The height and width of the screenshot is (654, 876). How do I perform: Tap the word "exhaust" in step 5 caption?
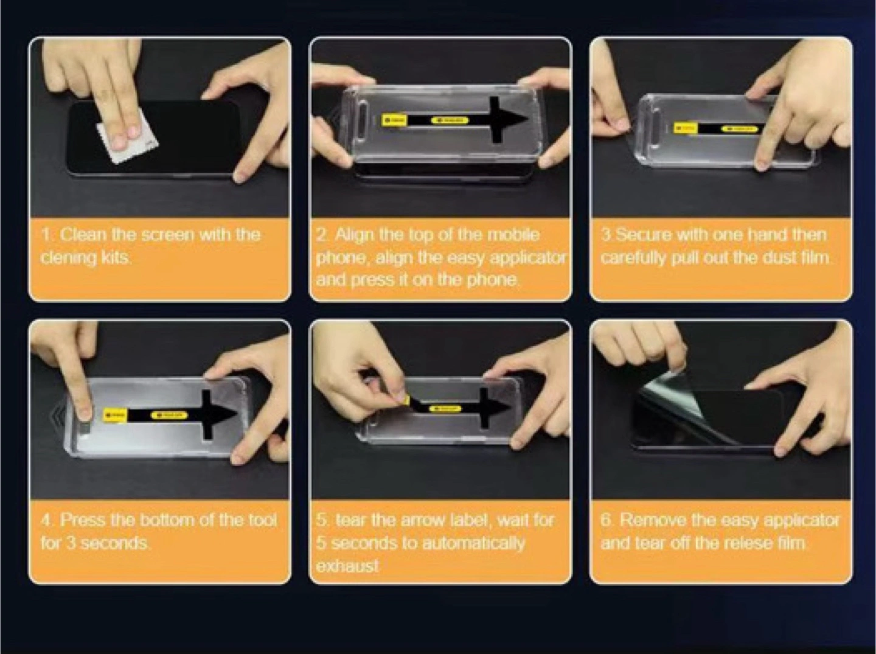(347, 566)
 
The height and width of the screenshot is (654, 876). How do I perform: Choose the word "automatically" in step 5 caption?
(473, 543)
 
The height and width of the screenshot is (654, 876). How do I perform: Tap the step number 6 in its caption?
(606, 520)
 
